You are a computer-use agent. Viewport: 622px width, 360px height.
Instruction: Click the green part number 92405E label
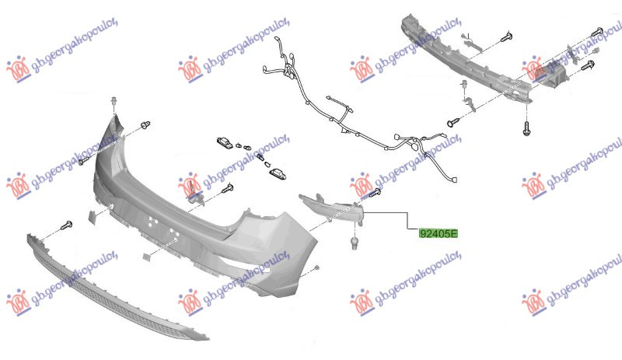[x=439, y=234]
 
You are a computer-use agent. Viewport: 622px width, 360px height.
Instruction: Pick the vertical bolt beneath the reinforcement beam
[x=527, y=128]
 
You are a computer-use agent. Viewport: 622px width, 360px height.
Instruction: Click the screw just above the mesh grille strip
[x=66, y=226]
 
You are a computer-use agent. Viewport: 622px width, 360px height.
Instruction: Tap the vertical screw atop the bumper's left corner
[x=114, y=101]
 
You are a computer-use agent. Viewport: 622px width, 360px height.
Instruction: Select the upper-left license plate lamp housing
[x=225, y=142]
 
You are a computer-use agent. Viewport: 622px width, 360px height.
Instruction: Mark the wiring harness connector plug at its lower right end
[x=453, y=180]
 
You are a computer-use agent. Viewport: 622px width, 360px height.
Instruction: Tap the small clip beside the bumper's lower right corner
[x=316, y=269]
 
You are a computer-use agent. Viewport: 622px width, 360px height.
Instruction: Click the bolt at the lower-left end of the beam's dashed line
[x=453, y=123]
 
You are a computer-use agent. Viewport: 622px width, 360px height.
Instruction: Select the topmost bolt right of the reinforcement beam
[x=597, y=32]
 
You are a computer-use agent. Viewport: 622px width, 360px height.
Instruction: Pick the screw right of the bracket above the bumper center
[x=227, y=188]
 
